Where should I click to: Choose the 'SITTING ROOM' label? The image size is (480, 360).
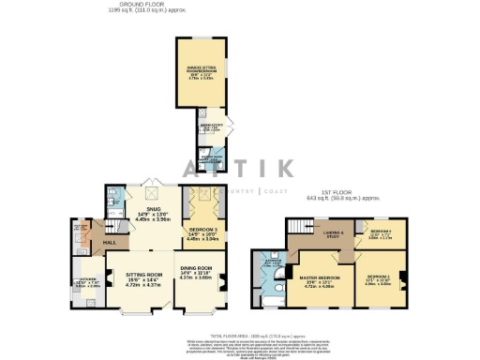143,275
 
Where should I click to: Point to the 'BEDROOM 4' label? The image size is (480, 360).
380,232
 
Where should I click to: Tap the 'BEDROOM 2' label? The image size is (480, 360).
379,278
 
